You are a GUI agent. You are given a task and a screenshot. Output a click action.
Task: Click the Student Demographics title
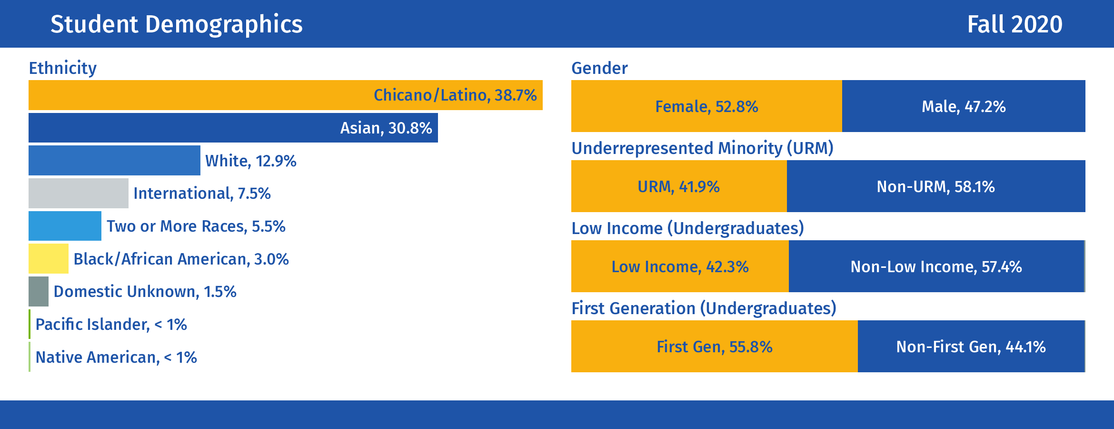(177, 24)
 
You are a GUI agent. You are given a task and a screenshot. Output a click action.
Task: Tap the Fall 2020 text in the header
(1015, 24)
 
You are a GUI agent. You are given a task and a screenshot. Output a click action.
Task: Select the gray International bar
(79, 193)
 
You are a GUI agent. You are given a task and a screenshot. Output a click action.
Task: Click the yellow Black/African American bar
(49, 258)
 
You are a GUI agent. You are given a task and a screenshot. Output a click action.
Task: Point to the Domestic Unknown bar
(39, 291)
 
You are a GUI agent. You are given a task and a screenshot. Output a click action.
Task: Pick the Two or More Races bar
(65, 226)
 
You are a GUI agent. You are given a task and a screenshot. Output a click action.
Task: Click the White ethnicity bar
(114, 160)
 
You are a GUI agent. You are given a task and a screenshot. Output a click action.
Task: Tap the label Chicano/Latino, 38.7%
(455, 95)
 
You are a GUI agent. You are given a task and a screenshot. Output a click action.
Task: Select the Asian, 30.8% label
(386, 128)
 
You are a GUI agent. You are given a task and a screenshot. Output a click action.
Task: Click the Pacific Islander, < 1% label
(111, 325)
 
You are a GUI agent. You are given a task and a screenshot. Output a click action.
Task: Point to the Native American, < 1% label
(116, 357)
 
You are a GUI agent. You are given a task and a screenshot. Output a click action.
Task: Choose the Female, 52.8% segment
(706, 106)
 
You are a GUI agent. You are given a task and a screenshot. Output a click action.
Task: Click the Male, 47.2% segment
(964, 106)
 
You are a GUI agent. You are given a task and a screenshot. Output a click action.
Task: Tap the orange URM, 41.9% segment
(679, 186)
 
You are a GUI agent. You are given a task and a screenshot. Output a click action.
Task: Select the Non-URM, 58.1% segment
(936, 186)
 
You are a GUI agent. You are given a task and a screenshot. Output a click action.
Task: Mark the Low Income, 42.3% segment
(680, 266)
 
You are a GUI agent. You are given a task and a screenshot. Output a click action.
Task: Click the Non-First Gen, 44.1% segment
(971, 346)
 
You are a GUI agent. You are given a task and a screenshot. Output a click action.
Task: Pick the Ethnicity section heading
(63, 68)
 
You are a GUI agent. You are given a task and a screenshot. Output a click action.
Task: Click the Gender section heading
(599, 68)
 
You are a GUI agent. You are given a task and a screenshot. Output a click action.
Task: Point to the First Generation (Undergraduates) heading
(704, 308)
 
